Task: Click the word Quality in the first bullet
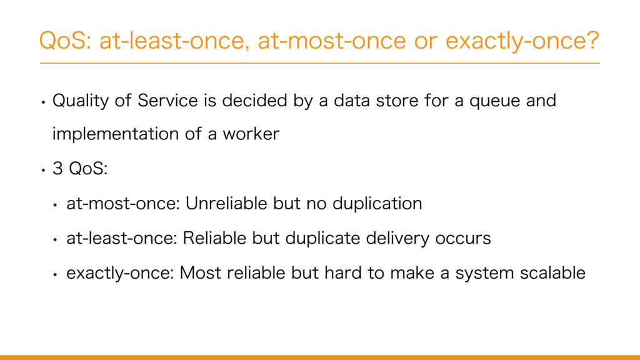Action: point(81,101)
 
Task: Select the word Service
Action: point(167,101)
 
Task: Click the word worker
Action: point(251,134)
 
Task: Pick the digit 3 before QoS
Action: point(57,168)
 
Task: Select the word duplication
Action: point(377,204)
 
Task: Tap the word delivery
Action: point(397,238)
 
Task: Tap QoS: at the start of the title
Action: point(65,41)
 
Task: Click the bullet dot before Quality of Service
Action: point(43,102)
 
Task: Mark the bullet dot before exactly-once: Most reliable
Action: point(55,275)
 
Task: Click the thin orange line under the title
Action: point(319,63)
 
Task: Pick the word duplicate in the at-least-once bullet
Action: point(322,238)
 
